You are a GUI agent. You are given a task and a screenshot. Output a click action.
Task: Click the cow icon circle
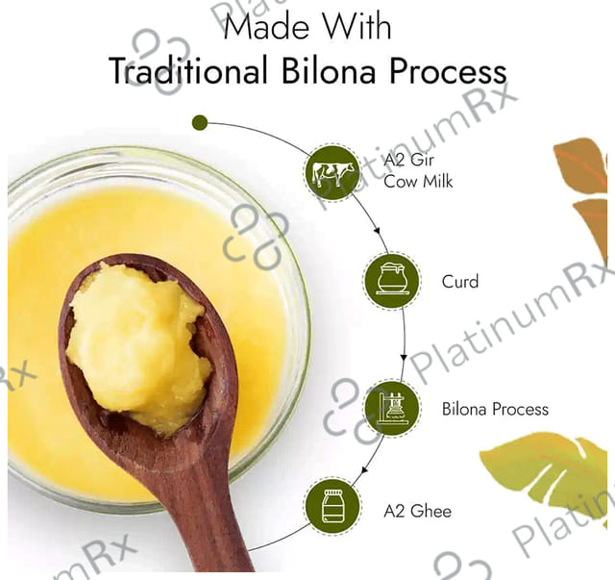pos(332,172)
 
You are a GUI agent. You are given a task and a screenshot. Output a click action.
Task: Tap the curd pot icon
pos(391,281)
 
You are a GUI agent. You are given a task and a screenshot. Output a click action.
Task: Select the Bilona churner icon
pos(391,409)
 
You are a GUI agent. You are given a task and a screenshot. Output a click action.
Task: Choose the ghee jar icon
pos(333,507)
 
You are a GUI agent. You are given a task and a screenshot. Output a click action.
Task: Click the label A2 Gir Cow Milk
pos(418,171)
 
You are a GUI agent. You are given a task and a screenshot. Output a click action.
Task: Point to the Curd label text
pos(460,282)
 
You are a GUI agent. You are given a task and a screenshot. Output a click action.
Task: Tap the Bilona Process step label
pos(495,409)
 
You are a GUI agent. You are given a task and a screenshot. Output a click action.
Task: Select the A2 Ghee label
pos(417,511)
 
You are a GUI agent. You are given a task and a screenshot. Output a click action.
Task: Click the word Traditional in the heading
pos(188,71)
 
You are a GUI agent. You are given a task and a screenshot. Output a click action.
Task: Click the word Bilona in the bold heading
pos(329,71)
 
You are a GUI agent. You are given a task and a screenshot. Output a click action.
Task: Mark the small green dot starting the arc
pos(200,122)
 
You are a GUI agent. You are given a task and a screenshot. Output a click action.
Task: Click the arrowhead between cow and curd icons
pos(377,230)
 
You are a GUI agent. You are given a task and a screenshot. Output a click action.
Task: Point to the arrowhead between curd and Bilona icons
pos(404,358)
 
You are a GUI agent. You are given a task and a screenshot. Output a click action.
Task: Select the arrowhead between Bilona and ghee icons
pos(365,469)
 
